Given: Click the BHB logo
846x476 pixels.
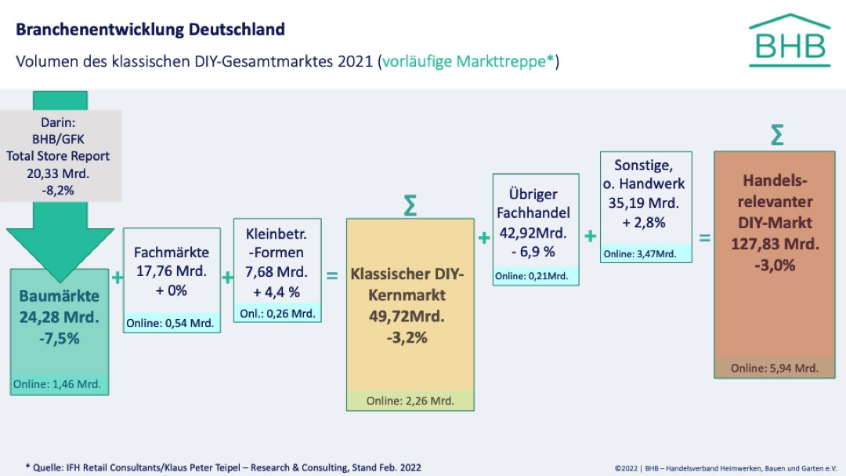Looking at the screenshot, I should pos(789,41).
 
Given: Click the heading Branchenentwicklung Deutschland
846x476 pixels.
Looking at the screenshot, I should pos(150,30).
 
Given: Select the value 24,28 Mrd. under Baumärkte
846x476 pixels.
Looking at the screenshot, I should pos(60,318).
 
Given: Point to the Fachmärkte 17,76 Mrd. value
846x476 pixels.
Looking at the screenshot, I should pos(171,271).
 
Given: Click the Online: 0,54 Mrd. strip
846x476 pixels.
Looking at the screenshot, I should pos(172,323).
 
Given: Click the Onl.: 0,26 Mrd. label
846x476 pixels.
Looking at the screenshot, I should pos(277,313).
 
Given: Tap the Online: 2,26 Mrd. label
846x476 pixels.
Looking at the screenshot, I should pos(410,401).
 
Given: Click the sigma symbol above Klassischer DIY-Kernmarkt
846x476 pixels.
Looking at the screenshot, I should pos(410,205).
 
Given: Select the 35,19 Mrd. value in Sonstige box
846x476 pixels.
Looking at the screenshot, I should pos(645,203).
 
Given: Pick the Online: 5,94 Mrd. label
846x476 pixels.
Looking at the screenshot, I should pos(774,368).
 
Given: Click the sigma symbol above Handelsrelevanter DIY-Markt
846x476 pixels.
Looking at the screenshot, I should pos(776,135).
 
